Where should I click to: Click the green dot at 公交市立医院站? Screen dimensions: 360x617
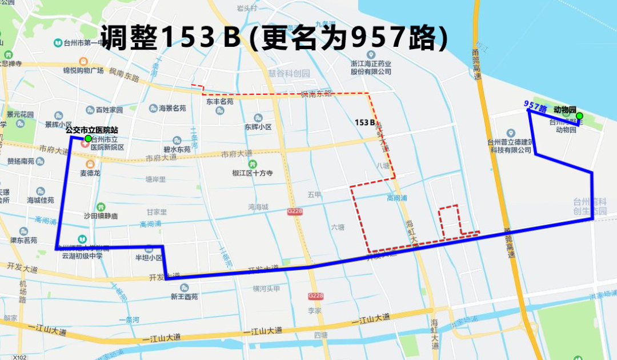[x=87, y=138]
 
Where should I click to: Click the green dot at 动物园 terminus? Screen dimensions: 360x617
[x=579, y=117]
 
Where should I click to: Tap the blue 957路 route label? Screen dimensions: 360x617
[x=535, y=106]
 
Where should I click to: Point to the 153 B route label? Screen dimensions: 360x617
[x=364, y=122]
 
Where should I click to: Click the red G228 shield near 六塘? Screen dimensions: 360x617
[x=295, y=211]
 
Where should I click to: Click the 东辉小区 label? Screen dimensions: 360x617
[x=258, y=127]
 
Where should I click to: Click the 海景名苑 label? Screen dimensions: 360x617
[x=171, y=109]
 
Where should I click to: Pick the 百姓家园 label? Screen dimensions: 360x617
[x=109, y=110]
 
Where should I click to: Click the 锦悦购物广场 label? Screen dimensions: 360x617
[x=83, y=70]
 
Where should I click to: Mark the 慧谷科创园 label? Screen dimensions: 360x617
[x=289, y=73]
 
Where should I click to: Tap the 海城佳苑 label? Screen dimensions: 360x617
[x=40, y=200]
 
